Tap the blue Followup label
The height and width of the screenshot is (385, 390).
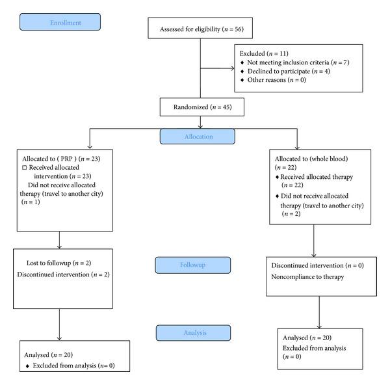pos(193,265)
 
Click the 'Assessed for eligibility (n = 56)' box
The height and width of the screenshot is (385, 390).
pos(196,29)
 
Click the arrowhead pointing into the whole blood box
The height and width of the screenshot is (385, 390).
pos(296,147)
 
